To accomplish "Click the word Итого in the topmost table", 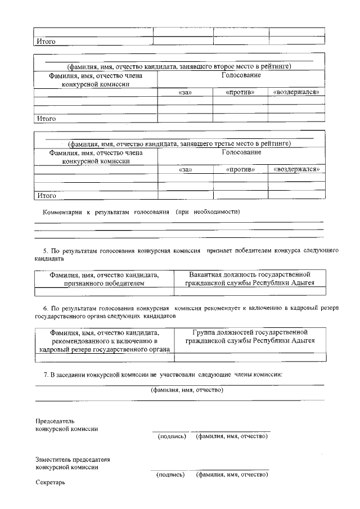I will pos(46,42).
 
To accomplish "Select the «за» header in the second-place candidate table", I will pos(184,92).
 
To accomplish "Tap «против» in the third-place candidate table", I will pos(240,169).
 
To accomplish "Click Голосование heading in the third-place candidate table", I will pos(241,152).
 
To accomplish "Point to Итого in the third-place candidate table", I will pos(46,196).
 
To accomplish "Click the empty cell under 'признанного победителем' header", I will pos(104,292).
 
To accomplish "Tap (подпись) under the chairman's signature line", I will pos(172,436).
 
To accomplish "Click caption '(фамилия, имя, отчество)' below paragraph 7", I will pos(187,390).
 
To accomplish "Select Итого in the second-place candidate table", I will pos(46,119).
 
